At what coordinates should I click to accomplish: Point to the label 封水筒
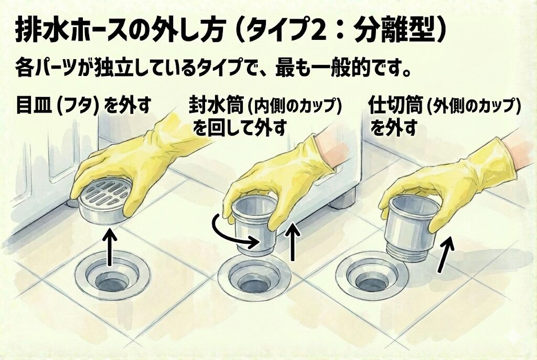(216, 106)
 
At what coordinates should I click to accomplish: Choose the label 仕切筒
(396, 106)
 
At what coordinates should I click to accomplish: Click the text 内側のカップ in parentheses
(294, 107)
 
